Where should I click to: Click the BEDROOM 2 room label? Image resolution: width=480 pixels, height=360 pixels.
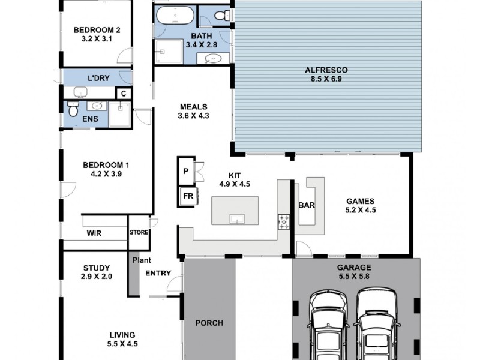pyautogui.click(x=97, y=30)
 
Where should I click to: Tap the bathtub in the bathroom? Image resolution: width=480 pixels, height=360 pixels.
pyautogui.click(x=175, y=16)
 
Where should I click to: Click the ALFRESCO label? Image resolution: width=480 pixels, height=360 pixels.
pyautogui.click(x=326, y=70)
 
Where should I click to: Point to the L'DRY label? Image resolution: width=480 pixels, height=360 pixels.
pyautogui.click(x=98, y=78)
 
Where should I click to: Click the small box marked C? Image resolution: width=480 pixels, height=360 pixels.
pyautogui.click(x=124, y=94)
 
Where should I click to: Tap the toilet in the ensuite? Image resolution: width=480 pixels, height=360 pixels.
pyautogui.click(x=73, y=109)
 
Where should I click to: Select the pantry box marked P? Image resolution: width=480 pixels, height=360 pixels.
pyautogui.click(x=186, y=171)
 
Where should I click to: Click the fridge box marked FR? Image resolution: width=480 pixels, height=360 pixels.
pyautogui.click(x=188, y=196)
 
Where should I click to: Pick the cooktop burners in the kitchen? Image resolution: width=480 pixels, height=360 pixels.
pyautogui.click(x=284, y=222)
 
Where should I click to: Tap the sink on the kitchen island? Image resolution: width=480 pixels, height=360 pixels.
pyautogui.click(x=237, y=219)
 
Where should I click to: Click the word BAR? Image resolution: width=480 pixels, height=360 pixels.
pyautogui.click(x=307, y=205)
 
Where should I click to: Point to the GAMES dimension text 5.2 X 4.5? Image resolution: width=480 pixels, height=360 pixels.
pyautogui.click(x=361, y=210)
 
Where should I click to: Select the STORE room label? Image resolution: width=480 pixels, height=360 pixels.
pyautogui.click(x=139, y=232)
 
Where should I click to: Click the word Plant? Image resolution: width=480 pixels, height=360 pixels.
pyautogui.click(x=142, y=260)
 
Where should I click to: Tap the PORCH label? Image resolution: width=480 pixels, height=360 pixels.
pyautogui.click(x=209, y=323)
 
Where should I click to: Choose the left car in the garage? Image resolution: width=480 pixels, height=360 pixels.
pyautogui.click(x=328, y=325)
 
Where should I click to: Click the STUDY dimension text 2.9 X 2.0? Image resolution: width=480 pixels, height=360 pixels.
pyautogui.click(x=97, y=277)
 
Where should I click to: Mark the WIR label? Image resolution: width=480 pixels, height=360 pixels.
pyautogui.click(x=94, y=233)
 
